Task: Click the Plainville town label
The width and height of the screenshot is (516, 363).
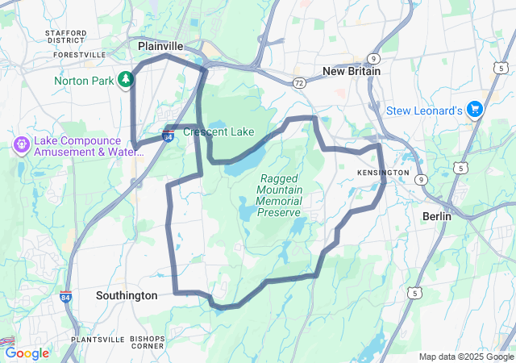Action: click(x=160, y=46)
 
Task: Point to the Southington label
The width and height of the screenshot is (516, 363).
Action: click(x=127, y=295)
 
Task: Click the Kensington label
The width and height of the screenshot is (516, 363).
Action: click(x=383, y=173)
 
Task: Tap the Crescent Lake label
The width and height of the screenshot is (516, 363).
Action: click(x=218, y=131)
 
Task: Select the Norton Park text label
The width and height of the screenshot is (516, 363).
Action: click(x=84, y=80)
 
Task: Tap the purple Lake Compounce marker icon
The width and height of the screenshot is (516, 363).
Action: click(x=20, y=145)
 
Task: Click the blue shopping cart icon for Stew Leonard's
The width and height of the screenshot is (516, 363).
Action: click(x=475, y=109)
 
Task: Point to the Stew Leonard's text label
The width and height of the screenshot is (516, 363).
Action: click(x=424, y=110)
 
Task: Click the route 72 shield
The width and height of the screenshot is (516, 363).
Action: click(x=299, y=83)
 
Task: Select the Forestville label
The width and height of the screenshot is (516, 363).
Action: click(x=80, y=55)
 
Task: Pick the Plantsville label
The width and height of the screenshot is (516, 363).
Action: click(x=98, y=340)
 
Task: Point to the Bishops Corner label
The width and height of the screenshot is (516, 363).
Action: click(x=148, y=342)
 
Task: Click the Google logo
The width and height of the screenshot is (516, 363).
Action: click(x=27, y=353)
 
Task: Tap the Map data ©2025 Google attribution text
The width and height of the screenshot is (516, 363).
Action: click(x=465, y=357)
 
